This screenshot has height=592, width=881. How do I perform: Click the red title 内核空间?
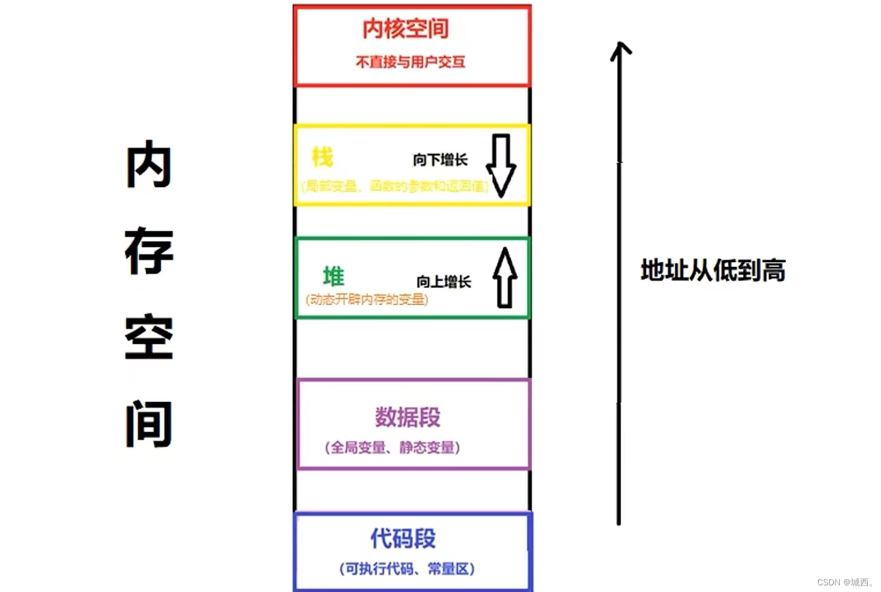[405, 28]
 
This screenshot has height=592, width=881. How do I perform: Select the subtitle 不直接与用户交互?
[410, 62]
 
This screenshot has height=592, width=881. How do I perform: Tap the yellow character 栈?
[322, 157]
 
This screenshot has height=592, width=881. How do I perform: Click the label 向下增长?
[440, 160]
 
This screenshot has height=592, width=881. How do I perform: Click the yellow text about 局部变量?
[394, 186]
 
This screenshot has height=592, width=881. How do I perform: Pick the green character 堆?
[333, 276]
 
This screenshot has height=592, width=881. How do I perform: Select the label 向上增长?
[444, 281]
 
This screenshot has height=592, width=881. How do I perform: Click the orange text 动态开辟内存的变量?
[367, 299]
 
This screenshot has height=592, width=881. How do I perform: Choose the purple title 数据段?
[408, 417]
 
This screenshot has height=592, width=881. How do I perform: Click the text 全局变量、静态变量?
[392, 447]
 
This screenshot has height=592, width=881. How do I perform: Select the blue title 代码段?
[403, 538]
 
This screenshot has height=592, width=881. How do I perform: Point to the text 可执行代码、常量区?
[407, 569]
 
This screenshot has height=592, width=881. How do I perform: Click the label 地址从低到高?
[713, 270]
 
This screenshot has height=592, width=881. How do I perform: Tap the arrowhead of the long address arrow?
[620, 48]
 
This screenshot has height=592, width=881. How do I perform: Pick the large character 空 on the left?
[149, 337]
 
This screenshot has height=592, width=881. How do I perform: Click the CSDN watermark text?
[845, 582]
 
